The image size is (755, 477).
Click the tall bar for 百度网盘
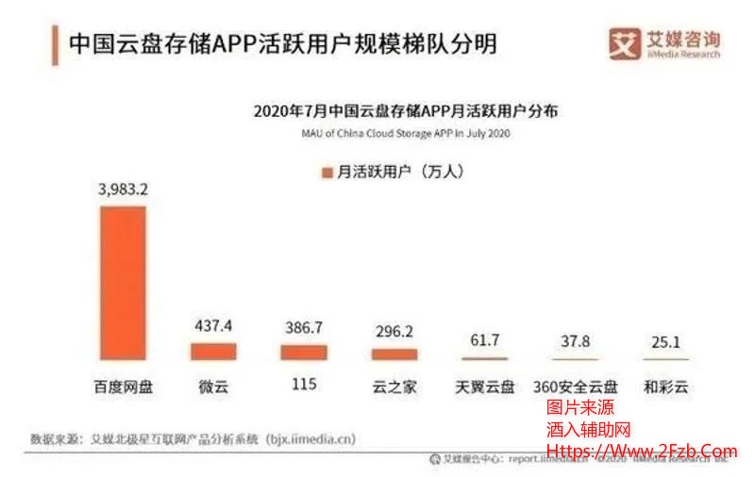[123, 283]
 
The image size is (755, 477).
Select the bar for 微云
[213, 351]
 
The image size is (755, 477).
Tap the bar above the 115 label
[304, 352]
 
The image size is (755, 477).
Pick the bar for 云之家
[394, 354]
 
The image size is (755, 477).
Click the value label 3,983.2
[123, 189]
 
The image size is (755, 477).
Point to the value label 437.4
[213, 326]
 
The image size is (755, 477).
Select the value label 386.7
[304, 328]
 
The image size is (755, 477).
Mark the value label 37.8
[576, 342]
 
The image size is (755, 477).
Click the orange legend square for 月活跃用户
[327, 173]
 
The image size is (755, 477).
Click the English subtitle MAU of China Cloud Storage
[405, 135]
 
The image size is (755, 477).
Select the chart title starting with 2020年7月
[406, 111]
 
